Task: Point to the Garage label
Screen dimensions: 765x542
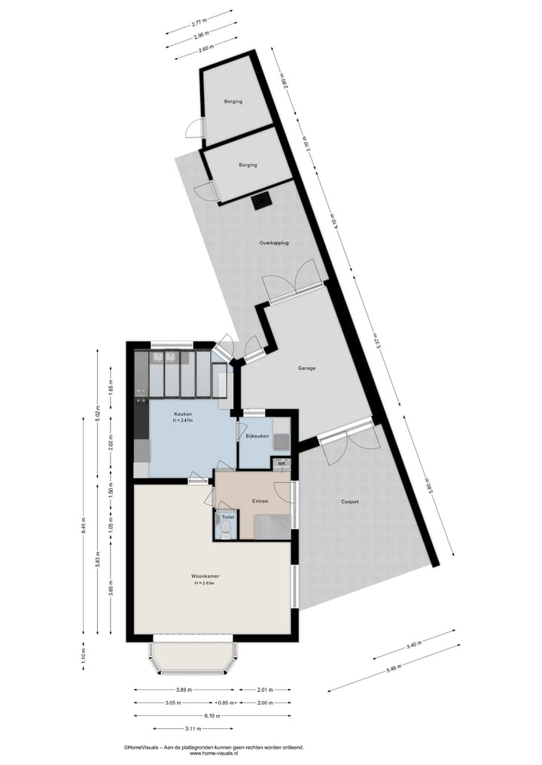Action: (306, 368)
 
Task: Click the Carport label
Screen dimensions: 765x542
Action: (350, 502)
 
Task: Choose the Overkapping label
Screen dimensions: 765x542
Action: (274, 243)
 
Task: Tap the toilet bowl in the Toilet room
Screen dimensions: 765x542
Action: (226, 530)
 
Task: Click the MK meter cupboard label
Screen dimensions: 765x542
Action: (282, 463)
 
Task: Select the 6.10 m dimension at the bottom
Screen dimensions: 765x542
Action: (212, 715)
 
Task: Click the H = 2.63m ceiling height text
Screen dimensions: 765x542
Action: (203, 584)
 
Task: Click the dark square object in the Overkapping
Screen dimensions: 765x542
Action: (262, 201)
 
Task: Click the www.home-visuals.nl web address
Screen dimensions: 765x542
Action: (214, 753)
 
